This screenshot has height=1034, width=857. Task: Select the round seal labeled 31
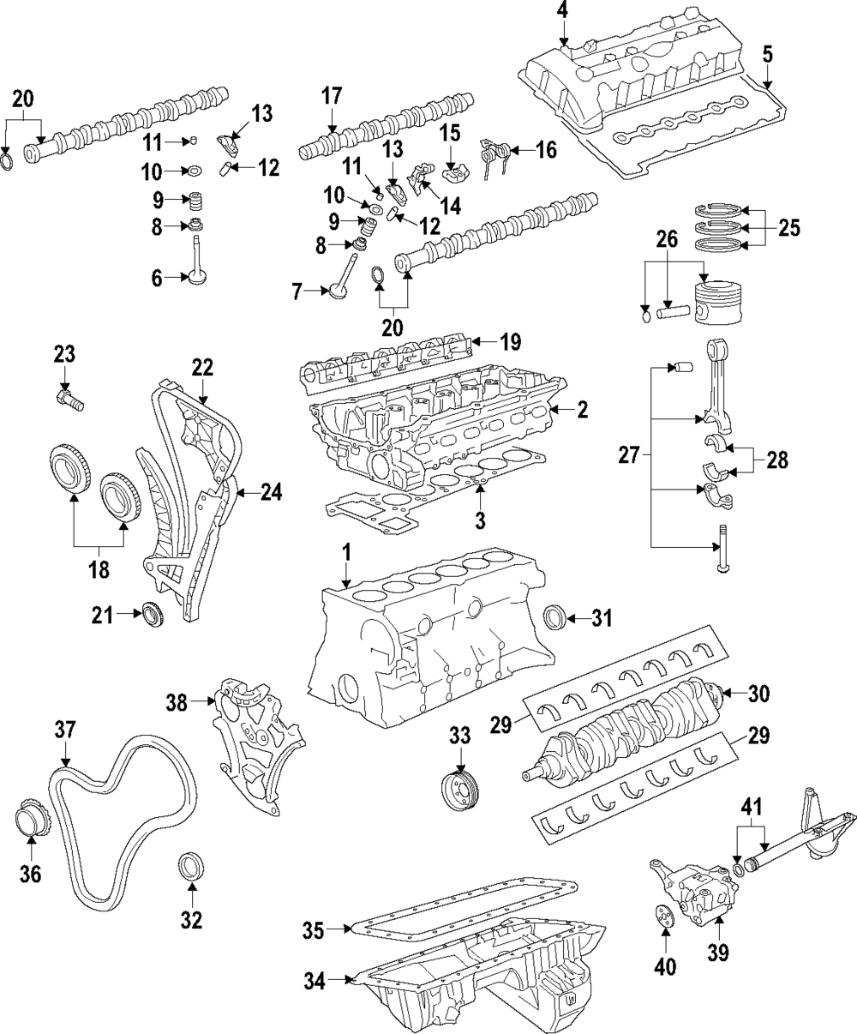[556, 616]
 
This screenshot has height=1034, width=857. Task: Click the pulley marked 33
[460, 788]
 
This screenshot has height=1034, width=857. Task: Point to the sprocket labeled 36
[33, 816]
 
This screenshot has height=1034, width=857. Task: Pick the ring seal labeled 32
[190, 865]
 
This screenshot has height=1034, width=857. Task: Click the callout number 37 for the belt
[66, 730]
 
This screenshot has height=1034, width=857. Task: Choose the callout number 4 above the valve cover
[562, 11]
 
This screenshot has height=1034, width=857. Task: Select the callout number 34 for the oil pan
[315, 982]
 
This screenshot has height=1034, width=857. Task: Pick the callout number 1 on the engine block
[345, 555]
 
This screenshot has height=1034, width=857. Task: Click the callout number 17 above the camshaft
[332, 95]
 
